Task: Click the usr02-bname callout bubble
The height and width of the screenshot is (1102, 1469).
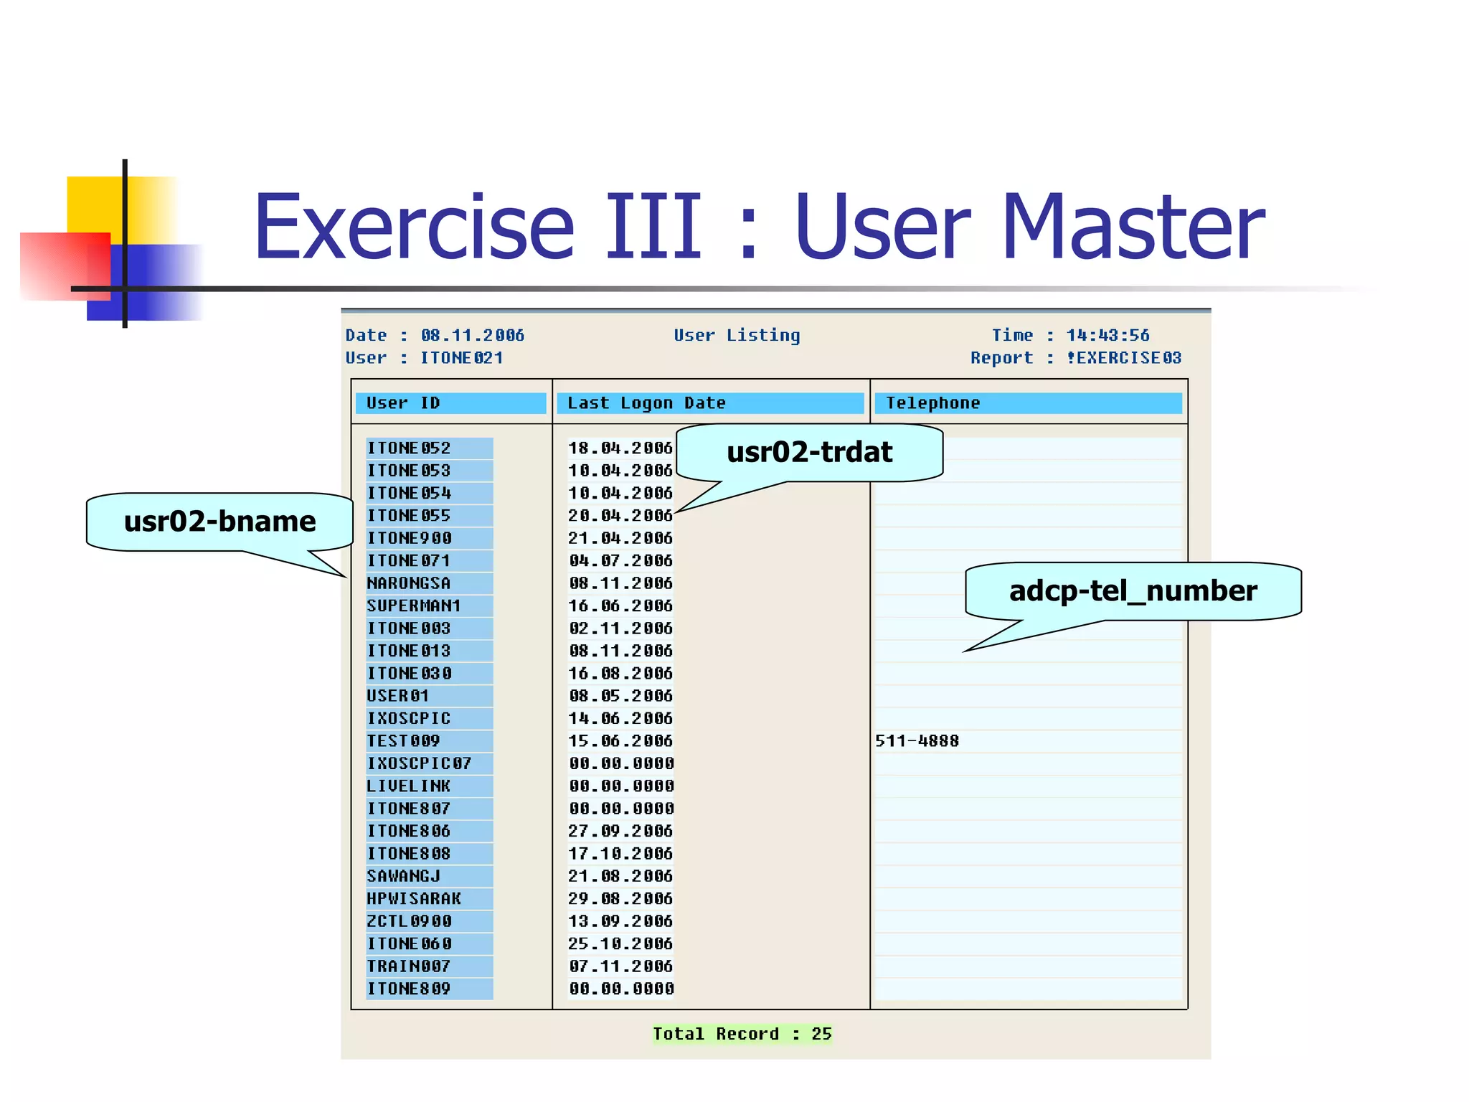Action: [219, 522]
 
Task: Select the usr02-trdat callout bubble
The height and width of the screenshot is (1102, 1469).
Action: [809, 452]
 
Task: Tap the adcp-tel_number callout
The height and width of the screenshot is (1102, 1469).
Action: [1133, 591]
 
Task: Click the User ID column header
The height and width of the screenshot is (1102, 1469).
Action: [450, 403]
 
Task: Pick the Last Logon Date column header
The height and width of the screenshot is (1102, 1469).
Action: [710, 403]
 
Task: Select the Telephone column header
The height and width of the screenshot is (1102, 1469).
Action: [1027, 403]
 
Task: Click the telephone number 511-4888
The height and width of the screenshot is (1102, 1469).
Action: [917, 741]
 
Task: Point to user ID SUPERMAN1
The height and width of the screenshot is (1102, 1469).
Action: [414, 606]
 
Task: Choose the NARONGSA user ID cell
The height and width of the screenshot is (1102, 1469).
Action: [409, 583]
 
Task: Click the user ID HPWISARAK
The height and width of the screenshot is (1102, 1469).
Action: [414, 899]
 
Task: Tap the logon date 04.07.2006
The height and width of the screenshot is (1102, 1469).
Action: [620, 561]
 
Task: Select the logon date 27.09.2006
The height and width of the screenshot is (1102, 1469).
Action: [620, 832]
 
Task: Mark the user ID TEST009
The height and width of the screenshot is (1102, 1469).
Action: [403, 741]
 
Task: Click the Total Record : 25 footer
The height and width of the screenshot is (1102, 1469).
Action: [742, 1034]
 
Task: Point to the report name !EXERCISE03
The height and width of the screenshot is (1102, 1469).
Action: [1123, 358]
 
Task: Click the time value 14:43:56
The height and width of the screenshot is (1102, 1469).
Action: [1107, 335]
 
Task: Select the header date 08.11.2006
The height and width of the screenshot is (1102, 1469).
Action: [472, 335]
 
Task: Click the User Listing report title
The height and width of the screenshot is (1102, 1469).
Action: [737, 335]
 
